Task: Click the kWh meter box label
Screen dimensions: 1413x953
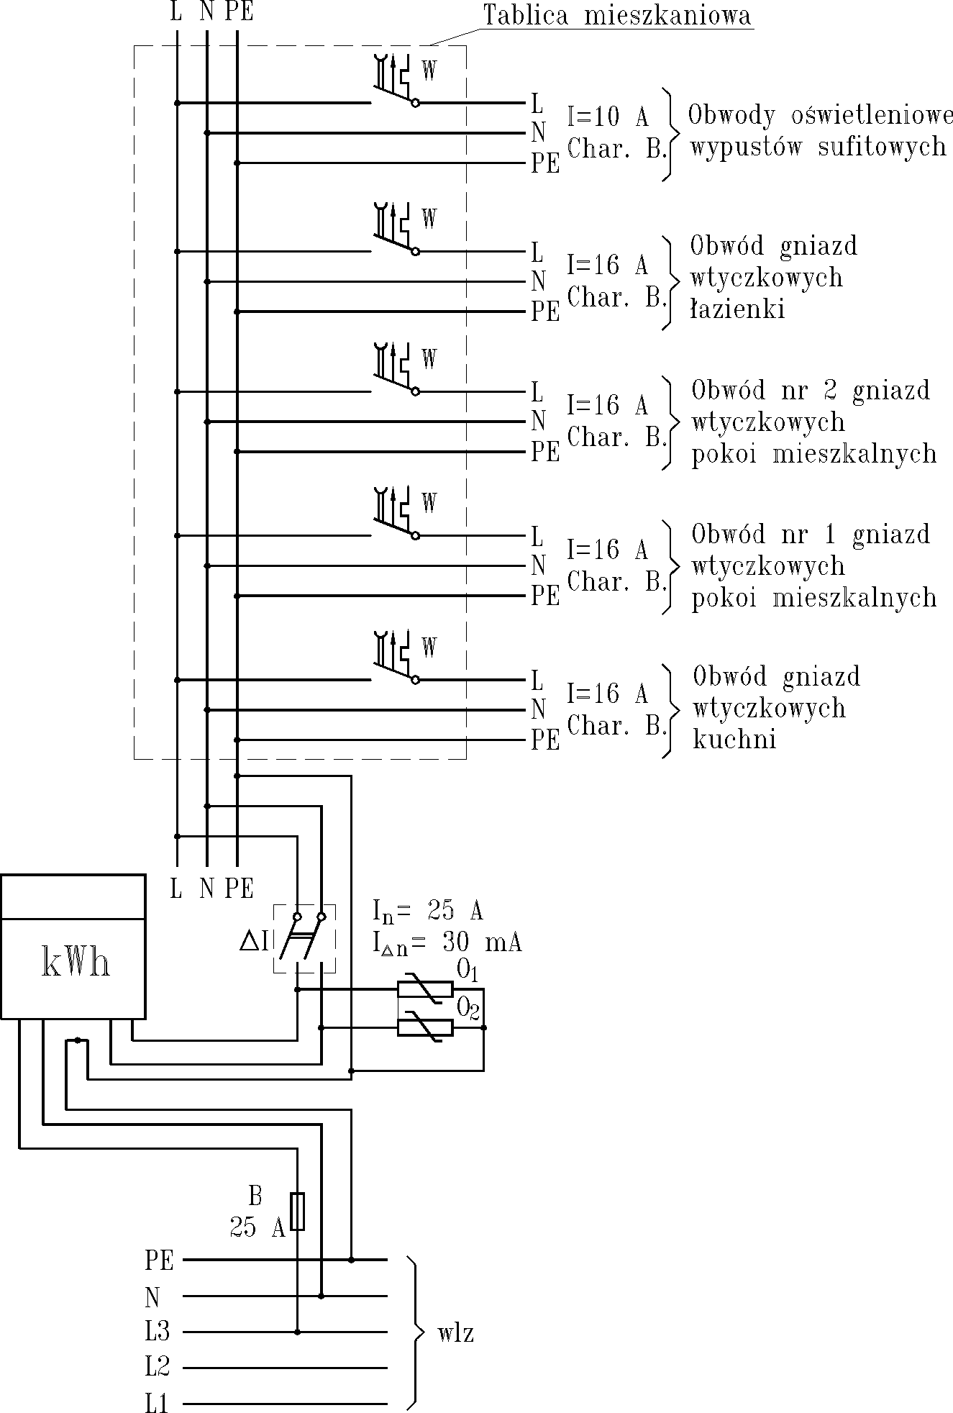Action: tap(76, 963)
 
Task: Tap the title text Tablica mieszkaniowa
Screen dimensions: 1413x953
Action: tap(617, 16)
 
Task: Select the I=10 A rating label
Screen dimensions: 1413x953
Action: tap(608, 117)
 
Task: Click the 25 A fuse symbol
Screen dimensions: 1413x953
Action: tap(297, 1212)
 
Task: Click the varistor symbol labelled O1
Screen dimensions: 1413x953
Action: tap(425, 989)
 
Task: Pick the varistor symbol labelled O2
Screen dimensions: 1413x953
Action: tap(425, 1027)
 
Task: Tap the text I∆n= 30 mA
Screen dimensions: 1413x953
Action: tap(447, 943)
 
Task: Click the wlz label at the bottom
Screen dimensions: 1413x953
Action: tap(455, 1335)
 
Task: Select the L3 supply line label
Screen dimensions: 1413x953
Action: tap(158, 1332)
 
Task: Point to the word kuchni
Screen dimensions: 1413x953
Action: tap(734, 740)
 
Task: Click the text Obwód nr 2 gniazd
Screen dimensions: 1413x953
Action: tap(811, 391)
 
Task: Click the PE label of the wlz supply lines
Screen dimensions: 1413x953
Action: tap(160, 1260)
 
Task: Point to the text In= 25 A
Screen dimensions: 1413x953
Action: tap(428, 911)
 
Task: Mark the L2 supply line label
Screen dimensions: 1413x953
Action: tap(158, 1366)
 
